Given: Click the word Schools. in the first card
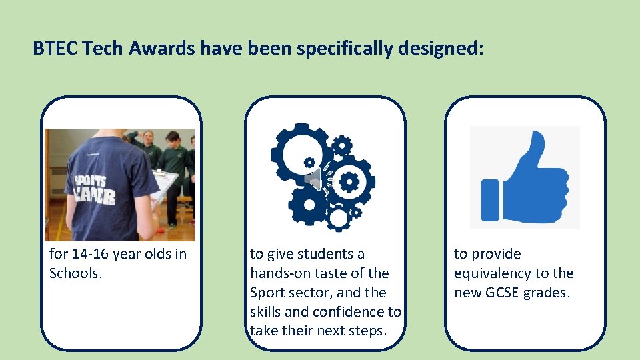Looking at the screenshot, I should (x=76, y=273).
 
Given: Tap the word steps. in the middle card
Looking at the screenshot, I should (x=368, y=331).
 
